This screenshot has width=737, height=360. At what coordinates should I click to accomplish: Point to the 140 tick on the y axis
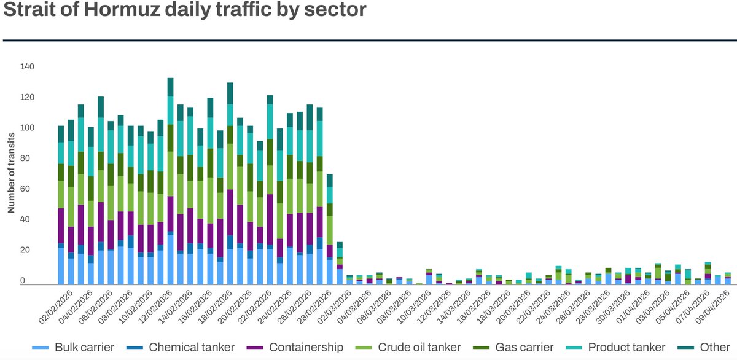coord(27,66)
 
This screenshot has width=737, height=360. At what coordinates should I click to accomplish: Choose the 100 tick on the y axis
coord(27,128)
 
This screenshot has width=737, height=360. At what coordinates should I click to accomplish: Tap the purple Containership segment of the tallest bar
coord(170,216)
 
